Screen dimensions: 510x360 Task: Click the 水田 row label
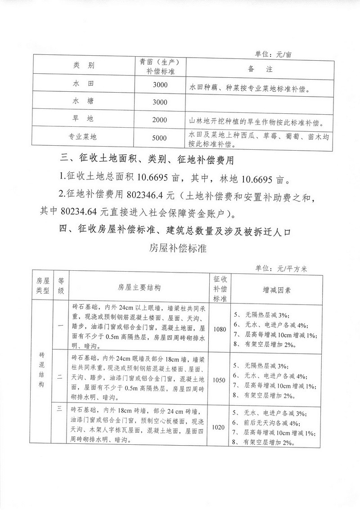click(x=82, y=84)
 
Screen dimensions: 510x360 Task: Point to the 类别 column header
click(x=83, y=66)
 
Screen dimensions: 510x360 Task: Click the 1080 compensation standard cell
click(x=220, y=329)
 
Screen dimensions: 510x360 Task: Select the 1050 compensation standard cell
click(x=220, y=380)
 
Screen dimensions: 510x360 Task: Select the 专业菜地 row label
click(x=82, y=138)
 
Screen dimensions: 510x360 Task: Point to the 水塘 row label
click(x=82, y=102)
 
